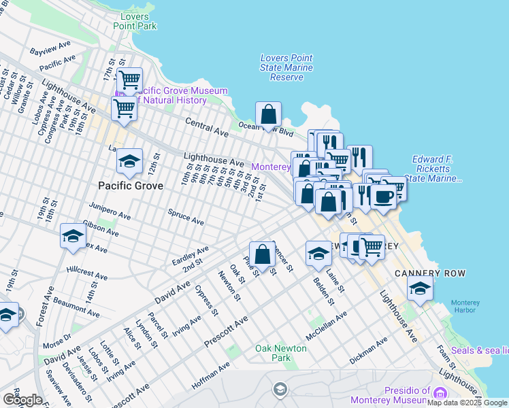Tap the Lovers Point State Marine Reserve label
pos(286,68)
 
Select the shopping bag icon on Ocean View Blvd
pos(269,114)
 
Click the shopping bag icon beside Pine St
pos(262,255)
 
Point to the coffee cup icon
pos(384,197)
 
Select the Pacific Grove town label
pos(130,186)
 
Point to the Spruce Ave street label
pos(186,218)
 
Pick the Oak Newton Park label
pos(281,353)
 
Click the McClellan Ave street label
pos(327,326)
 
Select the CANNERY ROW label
pos(430,273)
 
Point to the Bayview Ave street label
pos(50,48)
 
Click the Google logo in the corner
pos(22,400)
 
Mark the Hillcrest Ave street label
pos(86,273)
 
